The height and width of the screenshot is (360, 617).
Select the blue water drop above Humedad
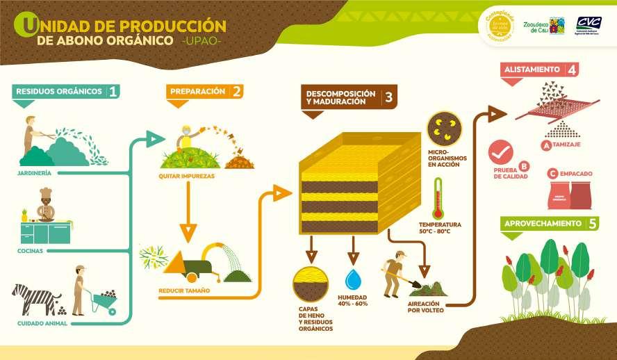[354, 280]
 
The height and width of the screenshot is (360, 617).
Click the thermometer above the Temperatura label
[438, 198]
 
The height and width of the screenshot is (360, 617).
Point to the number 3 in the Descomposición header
[388, 97]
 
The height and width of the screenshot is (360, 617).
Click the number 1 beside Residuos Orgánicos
[113, 91]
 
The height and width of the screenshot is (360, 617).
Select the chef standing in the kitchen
[46, 205]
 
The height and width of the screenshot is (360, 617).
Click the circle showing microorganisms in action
[444, 129]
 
